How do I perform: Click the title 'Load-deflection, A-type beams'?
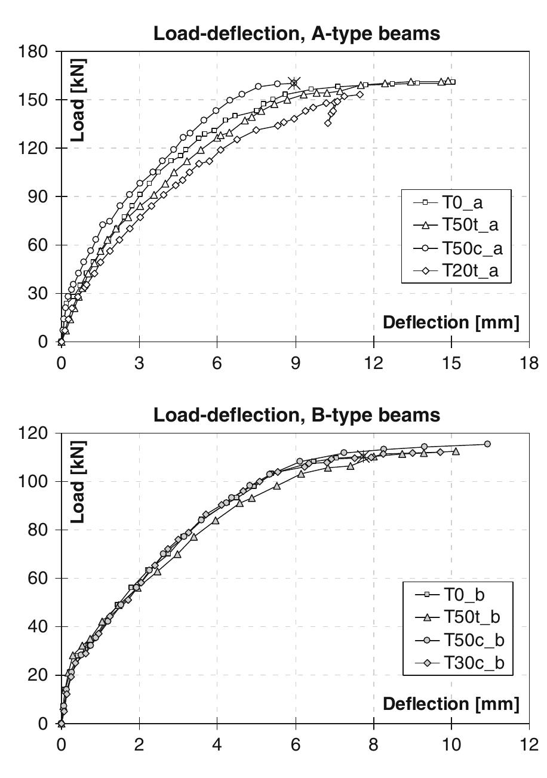(297, 33)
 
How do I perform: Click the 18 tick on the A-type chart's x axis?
(528, 363)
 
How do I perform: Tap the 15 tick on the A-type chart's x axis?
(451, 363)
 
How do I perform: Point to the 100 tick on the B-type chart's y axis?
(35, 481)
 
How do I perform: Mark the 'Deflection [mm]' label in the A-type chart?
(451, 323)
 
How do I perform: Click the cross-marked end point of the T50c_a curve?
(294, 83)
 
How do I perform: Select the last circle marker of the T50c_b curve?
(487, 444)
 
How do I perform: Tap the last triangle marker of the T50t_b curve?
(456, 451)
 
